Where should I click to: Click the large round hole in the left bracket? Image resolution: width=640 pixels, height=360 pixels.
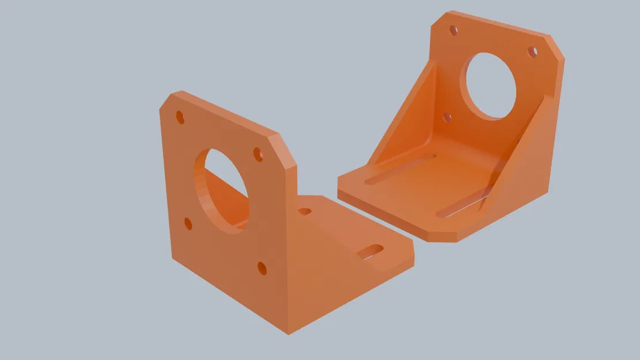tap(222, 190)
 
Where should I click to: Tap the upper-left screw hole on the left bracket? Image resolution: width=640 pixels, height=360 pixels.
tap(180, 118)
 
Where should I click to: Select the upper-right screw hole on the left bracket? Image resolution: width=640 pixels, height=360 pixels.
tap(258, 154)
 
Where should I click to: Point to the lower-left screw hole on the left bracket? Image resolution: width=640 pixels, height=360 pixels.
tap(188, 223)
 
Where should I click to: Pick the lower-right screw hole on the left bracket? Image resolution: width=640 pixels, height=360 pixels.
tap(262, 268)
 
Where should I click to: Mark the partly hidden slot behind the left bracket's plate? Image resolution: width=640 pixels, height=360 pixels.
tap(304, 211)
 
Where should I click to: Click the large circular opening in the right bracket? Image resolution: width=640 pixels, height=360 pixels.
tap(491, 86)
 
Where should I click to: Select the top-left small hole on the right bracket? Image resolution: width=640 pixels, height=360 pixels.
tap(453, 30)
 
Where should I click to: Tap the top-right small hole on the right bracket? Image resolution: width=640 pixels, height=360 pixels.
tap(533, 52)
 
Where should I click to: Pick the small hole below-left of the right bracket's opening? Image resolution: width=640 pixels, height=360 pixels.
tap(447, 118)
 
